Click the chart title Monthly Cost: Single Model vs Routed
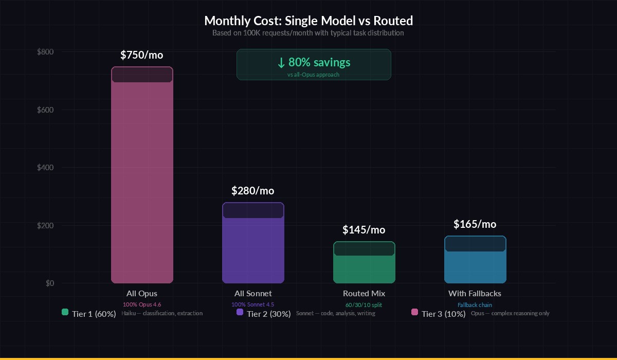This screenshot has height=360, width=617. (308, 21)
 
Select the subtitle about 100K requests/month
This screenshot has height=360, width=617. (308, 33)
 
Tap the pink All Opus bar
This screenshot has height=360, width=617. (142, 180)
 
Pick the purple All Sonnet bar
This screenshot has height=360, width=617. (253, 247)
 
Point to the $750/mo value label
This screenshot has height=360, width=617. (142, 55)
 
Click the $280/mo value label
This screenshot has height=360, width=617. (253, 191)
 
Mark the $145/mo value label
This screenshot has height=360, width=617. (364, 230)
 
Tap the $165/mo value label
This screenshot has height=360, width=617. (475, 224)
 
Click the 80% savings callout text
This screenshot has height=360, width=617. (314, 62)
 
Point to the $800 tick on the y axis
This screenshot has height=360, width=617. (46, 52)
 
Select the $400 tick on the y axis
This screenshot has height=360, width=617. (46, 168)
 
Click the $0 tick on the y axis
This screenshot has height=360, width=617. (49, 283)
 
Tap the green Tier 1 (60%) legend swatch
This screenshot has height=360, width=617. (65, 312)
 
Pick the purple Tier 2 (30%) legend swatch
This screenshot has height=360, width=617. (240, 312)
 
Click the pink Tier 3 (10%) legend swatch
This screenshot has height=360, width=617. (414, 312)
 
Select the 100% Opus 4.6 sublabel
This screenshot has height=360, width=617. (142, 304)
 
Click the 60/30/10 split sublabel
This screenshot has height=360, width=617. (364, 305)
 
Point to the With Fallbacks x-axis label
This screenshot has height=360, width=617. (475, 294)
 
